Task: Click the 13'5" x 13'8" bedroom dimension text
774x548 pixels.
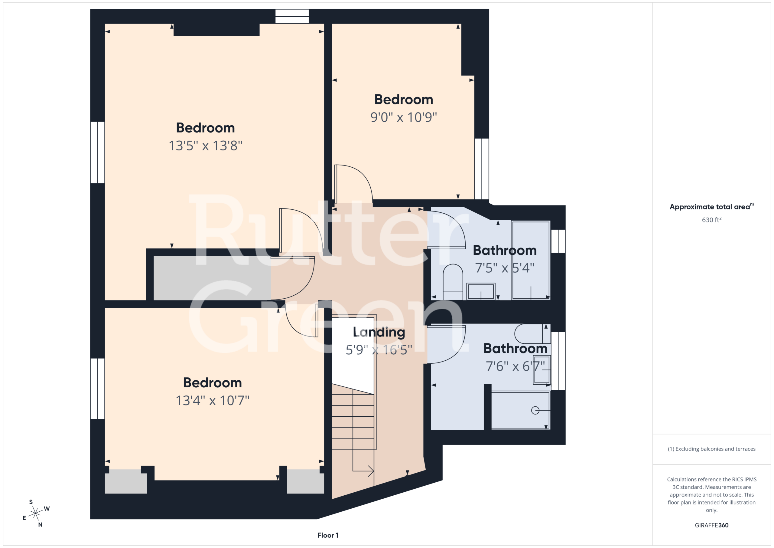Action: coord(205,146)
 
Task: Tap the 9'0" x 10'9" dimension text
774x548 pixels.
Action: coord(404,117)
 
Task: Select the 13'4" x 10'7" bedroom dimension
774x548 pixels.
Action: coord(212,401)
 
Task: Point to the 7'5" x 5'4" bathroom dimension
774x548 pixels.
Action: coord(505,268)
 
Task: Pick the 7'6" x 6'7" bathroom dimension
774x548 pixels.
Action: coord(515,366)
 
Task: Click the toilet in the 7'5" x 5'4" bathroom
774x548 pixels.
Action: coord(453,282)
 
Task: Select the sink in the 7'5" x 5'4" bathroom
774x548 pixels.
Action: coord(481,291)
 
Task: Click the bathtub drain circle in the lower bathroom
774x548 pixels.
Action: coord(535,410)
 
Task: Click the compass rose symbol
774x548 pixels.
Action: coord(35,513)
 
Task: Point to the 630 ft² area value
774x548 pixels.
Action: coord(712,220)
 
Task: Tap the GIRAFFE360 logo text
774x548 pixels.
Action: coord(712,525)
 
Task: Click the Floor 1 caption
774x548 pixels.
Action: coord(328,535)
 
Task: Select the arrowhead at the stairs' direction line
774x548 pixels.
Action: coord(371,471)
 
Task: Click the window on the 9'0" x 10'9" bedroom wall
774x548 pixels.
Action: coord(482,169)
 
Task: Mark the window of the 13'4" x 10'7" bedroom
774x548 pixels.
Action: coord(97,389)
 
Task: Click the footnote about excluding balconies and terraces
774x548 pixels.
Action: coord(712,449)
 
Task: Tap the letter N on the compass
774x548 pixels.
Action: coord(40,525)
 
